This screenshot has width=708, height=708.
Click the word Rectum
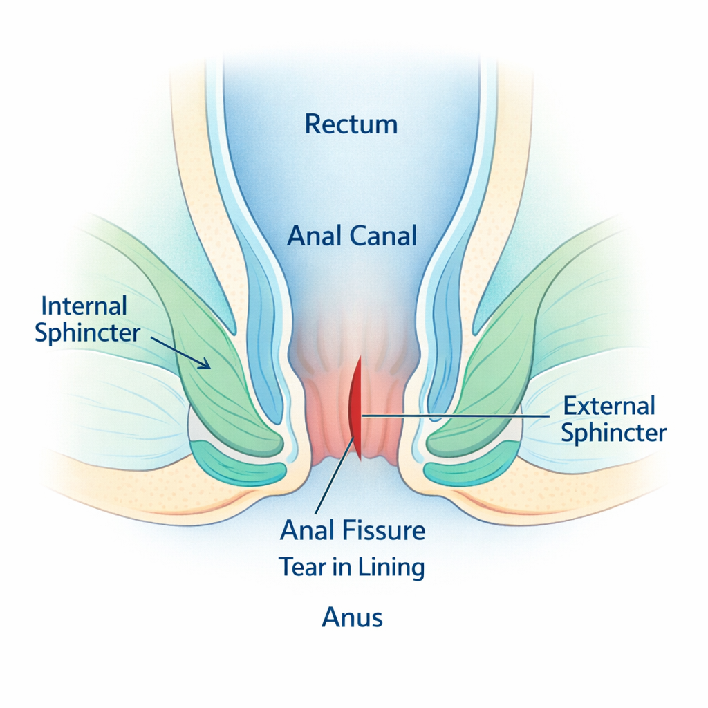click(x=351, y=124)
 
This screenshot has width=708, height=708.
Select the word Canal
click(x=384, y=237)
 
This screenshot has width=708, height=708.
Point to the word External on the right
click(x=609, y=405)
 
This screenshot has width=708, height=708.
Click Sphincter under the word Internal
click(x=87, y=333)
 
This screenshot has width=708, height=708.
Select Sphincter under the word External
click(x=613, y=433)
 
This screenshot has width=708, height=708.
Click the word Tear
click(x=302, y=567)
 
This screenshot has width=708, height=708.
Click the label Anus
click(x=352, y=617)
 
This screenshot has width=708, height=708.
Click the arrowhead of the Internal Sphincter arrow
click(x=205, y=364)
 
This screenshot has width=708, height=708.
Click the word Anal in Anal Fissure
click(x=309, y=531)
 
